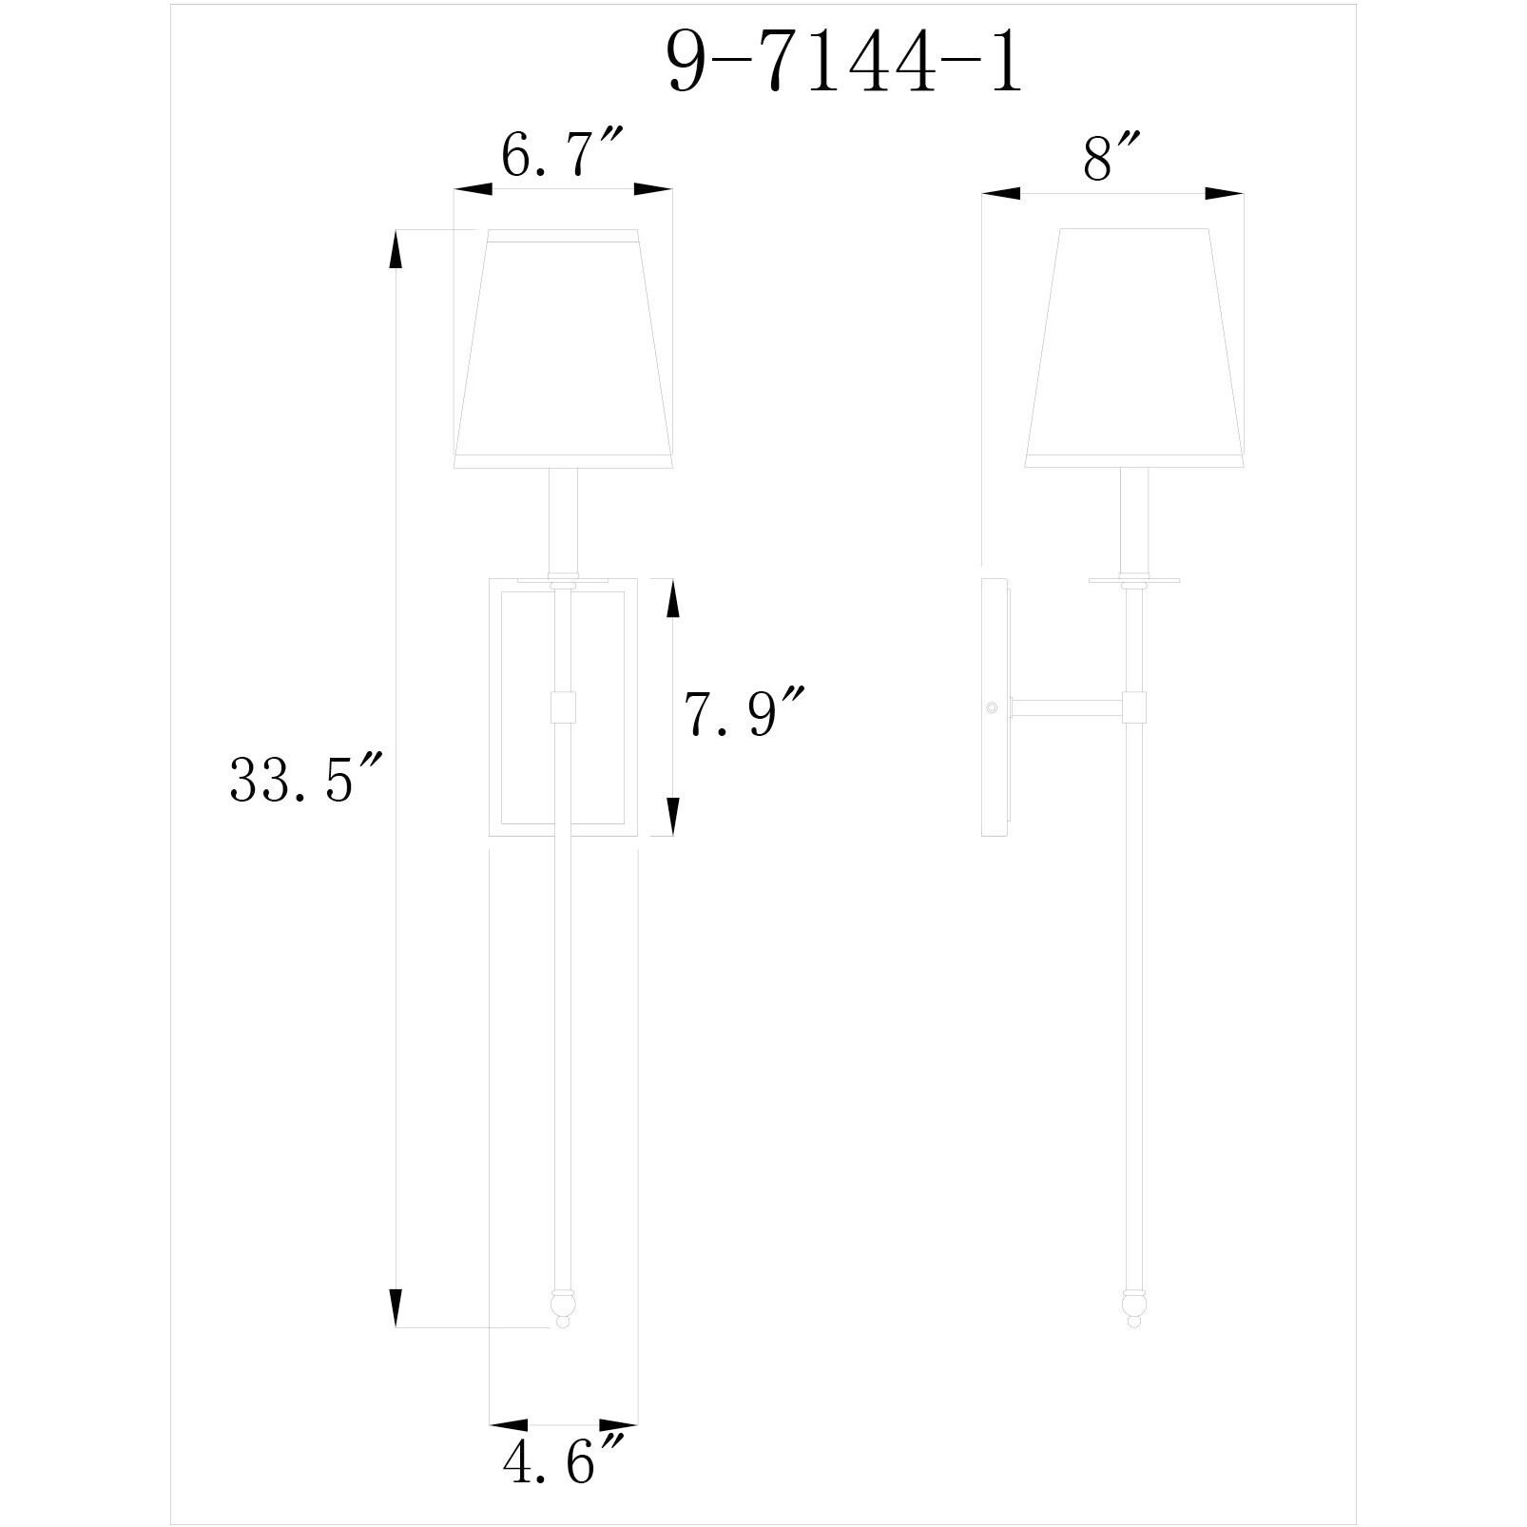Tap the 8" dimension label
coord(1111,159)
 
